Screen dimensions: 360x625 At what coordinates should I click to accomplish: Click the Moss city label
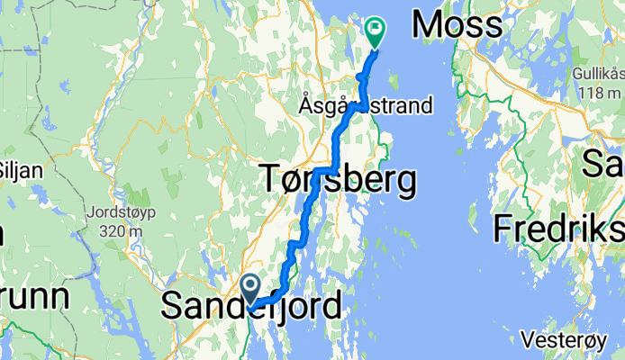(x=457, y=25)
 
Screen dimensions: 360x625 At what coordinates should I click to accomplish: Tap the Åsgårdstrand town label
(x=365, y=106)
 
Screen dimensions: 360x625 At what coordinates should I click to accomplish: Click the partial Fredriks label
(x=557, y=229)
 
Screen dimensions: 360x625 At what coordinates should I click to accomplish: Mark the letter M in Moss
(x=428, y=25)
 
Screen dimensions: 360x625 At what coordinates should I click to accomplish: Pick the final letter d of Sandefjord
(x=332, y=305)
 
